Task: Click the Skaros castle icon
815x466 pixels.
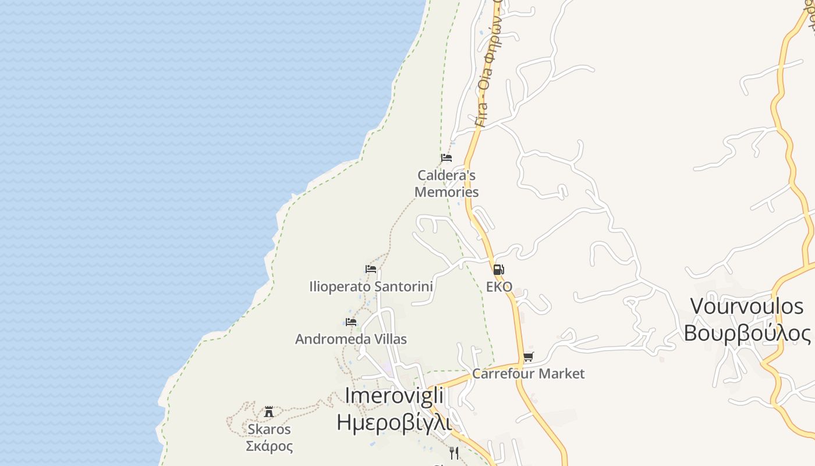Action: click(269, 412)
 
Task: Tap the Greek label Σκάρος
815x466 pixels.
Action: click(269, 446)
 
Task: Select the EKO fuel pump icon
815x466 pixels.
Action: click(498, 270)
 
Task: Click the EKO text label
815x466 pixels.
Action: click(499, 287)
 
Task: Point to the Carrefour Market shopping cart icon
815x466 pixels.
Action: click(528, 356)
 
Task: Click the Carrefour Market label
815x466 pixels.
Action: click(528, 373)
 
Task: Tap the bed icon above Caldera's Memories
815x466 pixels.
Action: click(447, 158)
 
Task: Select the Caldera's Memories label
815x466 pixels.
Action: click(447, 183)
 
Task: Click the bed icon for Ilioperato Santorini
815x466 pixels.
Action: click(371, 269)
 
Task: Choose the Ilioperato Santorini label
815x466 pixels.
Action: click(371, 287)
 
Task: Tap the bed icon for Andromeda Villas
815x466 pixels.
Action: click(351, 322)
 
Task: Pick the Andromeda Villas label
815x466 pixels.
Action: click(351, 339)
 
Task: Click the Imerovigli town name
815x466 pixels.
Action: click(394, 395)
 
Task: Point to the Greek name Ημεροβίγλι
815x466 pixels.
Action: click(394, 421)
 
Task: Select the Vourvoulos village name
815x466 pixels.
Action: click(746, 306)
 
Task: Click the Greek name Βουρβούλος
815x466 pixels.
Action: click(746, 334)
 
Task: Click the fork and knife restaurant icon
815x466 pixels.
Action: click(454, 453)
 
